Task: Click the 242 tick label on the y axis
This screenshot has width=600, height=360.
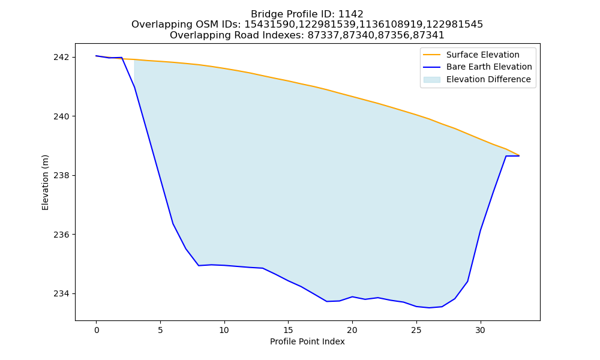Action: pos(62,58)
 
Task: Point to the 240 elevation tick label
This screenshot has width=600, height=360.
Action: pos(62,116)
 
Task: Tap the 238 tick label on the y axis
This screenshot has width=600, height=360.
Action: pos(62,176)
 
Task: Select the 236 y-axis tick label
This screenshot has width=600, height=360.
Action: pos(62,235)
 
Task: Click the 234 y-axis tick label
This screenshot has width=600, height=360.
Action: pos(62,294)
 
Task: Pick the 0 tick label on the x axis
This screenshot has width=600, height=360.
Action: pos(97,330)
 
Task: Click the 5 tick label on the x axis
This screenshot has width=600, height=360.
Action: pos(160,330)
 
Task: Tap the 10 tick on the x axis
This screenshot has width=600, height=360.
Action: pos(224,330)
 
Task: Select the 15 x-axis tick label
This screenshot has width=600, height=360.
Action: pos(288,330)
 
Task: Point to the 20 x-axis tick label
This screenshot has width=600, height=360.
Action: pos(352,330)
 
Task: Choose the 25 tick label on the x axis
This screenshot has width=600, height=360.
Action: pos(416,330)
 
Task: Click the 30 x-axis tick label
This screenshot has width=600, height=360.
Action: pos(480,330)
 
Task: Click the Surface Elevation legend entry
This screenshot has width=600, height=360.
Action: pos(483,55)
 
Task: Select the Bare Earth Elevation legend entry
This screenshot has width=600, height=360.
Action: pos(489,67)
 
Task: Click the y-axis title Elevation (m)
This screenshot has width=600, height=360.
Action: pos(46,182)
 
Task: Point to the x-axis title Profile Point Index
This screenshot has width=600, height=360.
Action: pos(307,341)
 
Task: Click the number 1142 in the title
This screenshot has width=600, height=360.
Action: pos(351,14)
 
